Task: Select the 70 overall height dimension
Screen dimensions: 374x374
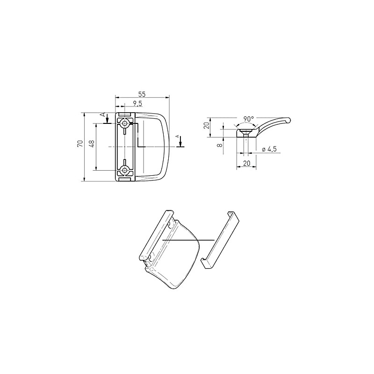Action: click(x=80, y=144)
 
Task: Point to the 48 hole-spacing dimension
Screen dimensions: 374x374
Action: click(x=93, y=144)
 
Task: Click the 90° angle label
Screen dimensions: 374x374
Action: click(x=249, y=119)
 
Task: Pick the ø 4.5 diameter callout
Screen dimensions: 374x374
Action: click(x=270, y=149)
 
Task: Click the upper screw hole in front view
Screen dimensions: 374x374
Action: click(x=125, y=123)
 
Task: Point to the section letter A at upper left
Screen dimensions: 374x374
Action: click(x=103, y=115)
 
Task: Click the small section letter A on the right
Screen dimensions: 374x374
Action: click(x=177, y=136)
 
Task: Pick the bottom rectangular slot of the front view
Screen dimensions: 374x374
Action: click(x=125, y=179)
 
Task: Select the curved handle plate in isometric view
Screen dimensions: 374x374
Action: click(x=180, y=257)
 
